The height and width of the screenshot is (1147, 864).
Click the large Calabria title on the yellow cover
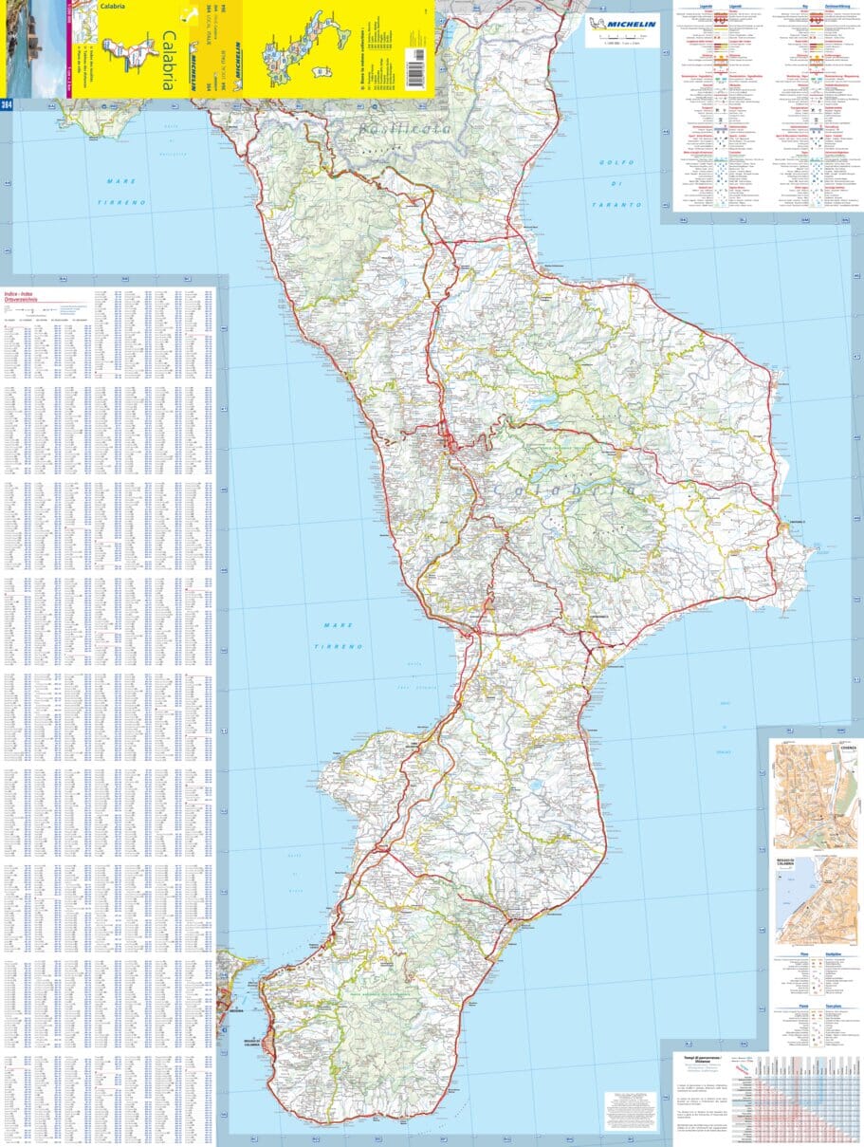167,61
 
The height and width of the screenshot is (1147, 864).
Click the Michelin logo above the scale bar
621,25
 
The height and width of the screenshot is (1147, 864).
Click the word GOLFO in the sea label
616,162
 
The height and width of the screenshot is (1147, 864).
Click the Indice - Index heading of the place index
18,295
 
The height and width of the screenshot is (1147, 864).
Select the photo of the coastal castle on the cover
31,47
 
